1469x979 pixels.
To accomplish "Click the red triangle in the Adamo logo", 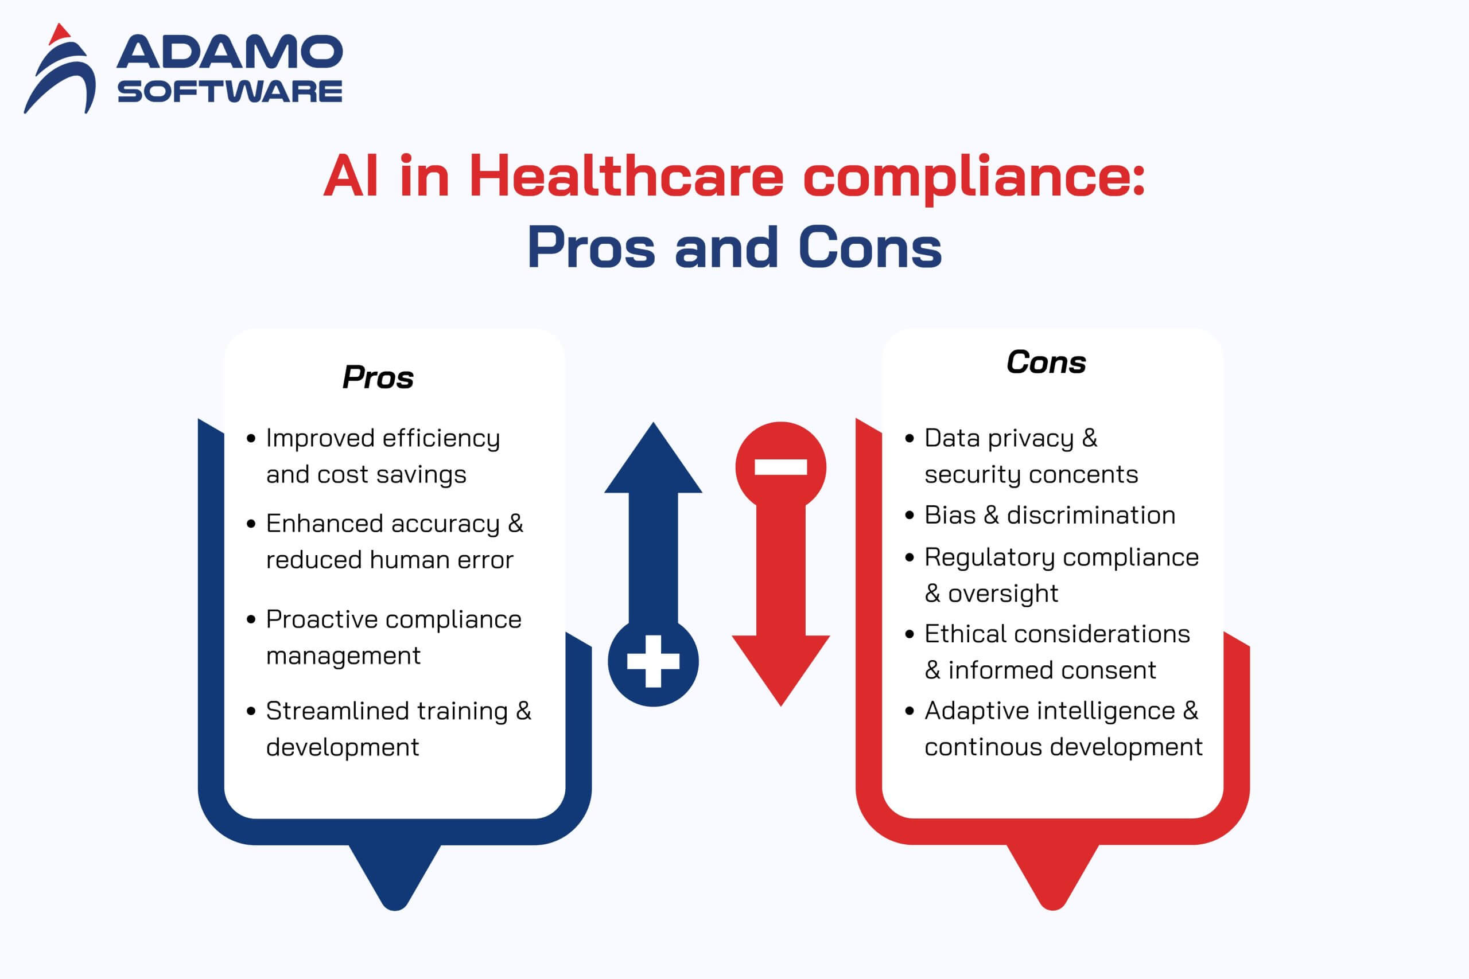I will pos(59,35).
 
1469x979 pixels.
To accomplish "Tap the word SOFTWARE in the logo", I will pos(229,92).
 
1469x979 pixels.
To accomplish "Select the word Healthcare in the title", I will pos(626,177).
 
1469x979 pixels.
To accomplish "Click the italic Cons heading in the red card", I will pos(1046,362).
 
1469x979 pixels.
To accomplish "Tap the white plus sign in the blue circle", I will pos(654,661).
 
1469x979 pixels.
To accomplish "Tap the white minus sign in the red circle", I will pos(781,467).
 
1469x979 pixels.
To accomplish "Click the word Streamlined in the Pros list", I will pos(337,711).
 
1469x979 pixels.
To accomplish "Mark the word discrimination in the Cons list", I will pos(1091,516).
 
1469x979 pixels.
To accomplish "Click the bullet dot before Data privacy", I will pos(910,439).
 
